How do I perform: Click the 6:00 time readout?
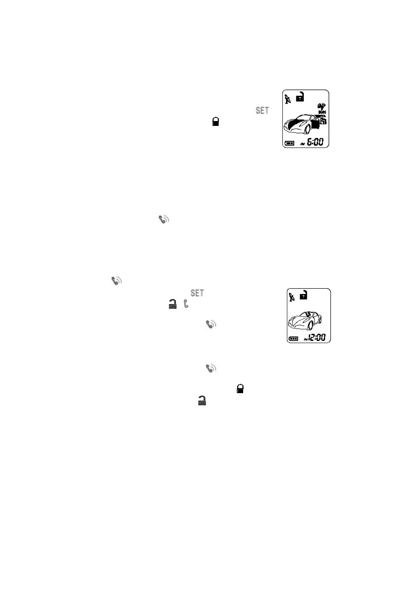click(x=315, y=142)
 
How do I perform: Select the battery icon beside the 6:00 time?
click(x=290, y=143)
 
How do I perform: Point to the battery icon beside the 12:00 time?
click(x=293, y=339)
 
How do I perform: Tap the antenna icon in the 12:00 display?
click(x=292, y=297)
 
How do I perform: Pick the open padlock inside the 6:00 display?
click(x=300, y=97)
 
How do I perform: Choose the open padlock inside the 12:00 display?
click(x=303, y=295)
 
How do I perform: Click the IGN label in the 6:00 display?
click(x=322, y=112)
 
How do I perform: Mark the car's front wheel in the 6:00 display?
click(x=308, y=129)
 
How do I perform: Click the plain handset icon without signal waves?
click(x=186, y=304)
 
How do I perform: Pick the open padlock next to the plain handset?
click(x=172, y=304)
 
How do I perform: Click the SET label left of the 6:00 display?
click(x=262, y=111)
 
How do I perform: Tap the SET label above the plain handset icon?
click(x=197, y=293)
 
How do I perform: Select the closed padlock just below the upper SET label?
click(x=215, y=122)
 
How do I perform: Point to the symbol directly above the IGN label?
click(x=321, y=106)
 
